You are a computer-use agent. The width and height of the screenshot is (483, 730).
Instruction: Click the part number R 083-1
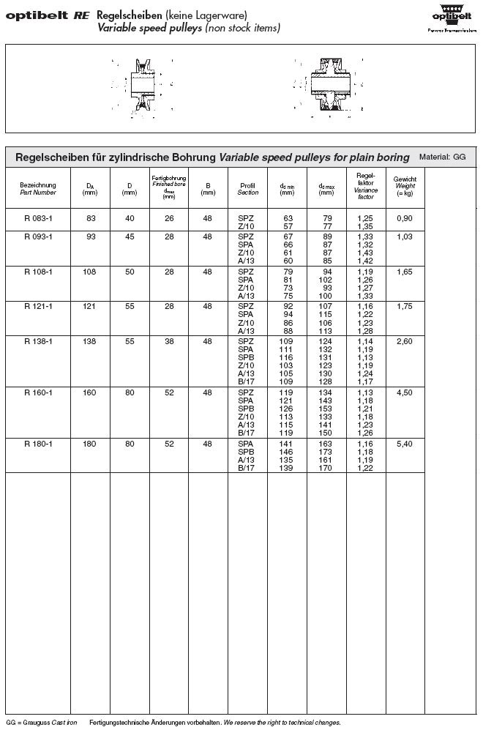(x=37, y=218)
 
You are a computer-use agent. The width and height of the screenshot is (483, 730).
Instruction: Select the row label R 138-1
(x=37, y=341)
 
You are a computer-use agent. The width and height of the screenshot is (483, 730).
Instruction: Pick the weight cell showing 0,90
(x=405, y=218)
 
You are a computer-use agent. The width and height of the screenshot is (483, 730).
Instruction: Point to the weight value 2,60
(x=405, y=341)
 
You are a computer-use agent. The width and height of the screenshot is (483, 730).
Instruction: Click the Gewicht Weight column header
(x=405, y=186)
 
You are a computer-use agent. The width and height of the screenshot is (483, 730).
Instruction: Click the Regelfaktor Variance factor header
(x=364, y=186)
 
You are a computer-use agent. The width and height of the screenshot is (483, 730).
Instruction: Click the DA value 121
(x=91, y=307)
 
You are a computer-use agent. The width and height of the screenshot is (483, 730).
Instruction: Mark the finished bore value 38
(x=169, y=341)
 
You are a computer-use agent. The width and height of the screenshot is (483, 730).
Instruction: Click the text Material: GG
(x=442, y=157)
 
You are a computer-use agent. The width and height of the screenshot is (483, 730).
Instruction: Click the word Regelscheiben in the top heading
(x=121, y=15)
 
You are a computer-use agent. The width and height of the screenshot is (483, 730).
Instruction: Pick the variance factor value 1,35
(x=364, y=226)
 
